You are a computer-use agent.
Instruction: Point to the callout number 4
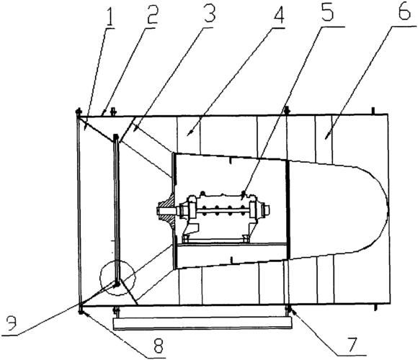click(277, 14)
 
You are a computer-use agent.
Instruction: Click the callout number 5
click(327, 13)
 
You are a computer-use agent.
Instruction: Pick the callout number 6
click(405, 12)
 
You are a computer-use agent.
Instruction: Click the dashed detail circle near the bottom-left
click(100, 278)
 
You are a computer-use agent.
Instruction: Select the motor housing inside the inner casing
click(223, 216)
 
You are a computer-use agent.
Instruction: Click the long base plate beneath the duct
click(203, 323)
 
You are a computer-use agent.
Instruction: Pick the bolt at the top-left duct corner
click(79, 112)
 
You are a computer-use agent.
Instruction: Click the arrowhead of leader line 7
click(292, 311)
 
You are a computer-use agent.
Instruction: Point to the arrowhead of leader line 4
click(188, 134)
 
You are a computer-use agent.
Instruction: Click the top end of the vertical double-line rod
click(116, 137)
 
